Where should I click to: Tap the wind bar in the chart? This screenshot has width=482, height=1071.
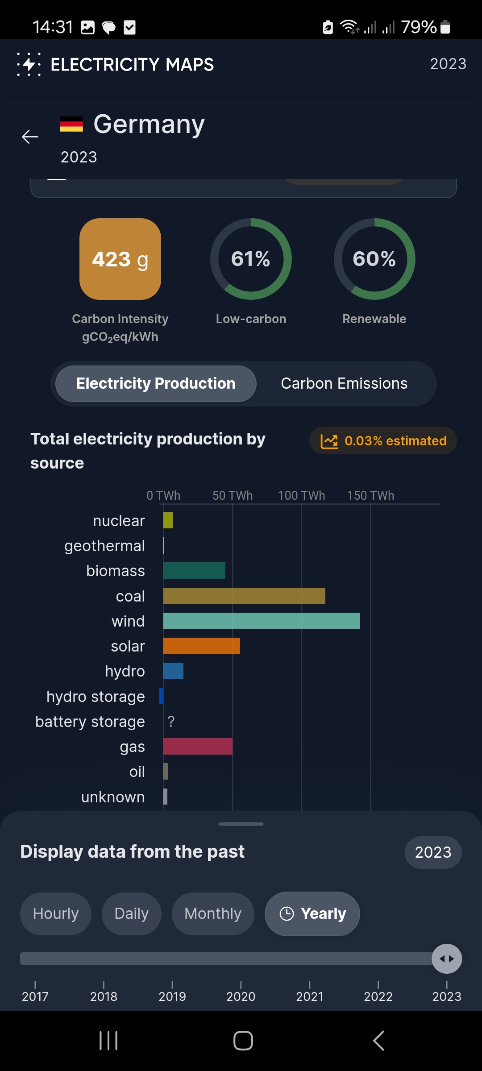point(262,621)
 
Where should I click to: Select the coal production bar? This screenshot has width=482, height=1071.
point(244,596)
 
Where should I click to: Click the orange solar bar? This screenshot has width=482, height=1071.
point(202,646)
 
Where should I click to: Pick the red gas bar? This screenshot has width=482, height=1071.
point(198,746)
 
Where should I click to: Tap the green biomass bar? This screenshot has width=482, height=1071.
point(194,570)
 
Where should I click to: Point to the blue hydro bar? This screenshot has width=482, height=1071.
point(173,671)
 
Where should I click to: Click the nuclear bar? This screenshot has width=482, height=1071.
point(168,520)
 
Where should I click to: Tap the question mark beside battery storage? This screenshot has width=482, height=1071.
point(171,721)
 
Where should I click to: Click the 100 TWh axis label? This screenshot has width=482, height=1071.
point(302,495)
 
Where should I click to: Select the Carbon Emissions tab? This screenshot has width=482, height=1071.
point(344,384)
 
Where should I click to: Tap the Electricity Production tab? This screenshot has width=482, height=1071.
point(156,384)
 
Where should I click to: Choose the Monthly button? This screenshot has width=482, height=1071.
point(213,913)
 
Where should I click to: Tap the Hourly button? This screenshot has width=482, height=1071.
point(56,913)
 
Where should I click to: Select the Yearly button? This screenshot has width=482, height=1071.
point(312,913)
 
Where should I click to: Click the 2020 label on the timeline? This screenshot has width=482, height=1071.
point(241,996)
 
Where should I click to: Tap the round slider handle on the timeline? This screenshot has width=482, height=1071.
point(447,959)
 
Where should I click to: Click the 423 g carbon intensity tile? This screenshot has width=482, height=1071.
point(120,259)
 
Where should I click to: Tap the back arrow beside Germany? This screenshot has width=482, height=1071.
point(30,137)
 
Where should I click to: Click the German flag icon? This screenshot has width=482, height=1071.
point(71,124)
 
